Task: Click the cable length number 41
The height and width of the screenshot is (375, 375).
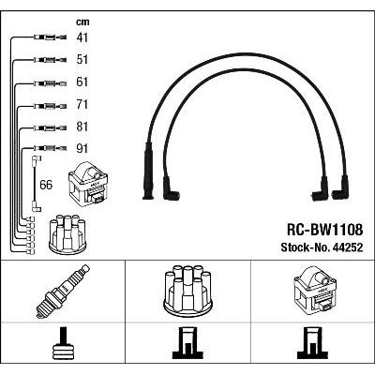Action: click(82, 37)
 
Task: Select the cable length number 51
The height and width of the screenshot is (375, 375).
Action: click(82, 60)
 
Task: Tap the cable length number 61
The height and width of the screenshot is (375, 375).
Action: click(82, 82)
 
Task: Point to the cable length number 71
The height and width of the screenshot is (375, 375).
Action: click(82, 105)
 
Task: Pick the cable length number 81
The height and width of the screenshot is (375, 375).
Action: click(82, 127)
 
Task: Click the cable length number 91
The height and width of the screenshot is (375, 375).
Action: click(82, 149)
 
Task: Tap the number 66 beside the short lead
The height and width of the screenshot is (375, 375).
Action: click(46, 185)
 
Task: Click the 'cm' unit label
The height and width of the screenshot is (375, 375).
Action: click(82, 22)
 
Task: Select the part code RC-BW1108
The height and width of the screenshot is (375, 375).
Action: click(325, 230)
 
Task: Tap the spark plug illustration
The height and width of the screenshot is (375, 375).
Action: click(63, 292)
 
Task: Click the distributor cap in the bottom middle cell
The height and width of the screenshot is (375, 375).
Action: click(187, 289)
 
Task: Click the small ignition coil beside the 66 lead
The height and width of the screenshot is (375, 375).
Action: click(88, 183)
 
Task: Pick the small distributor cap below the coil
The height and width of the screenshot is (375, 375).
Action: click(68, 234)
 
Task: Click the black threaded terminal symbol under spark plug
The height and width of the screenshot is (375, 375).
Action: click(63, 343)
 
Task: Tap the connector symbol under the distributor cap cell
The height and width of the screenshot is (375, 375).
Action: click(187, 343)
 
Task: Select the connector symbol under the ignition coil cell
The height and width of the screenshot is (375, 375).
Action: click(313, 343)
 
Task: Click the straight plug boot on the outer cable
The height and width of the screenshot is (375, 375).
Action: click(148, 171)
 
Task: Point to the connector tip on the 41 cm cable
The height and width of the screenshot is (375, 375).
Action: click(63, 37)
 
